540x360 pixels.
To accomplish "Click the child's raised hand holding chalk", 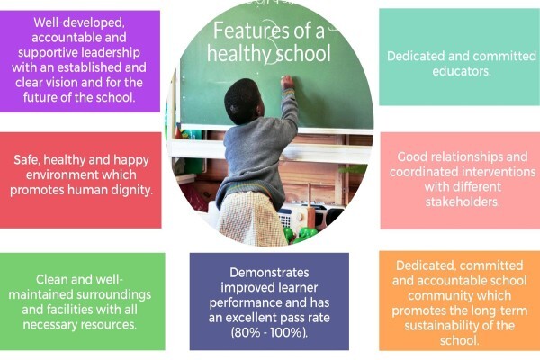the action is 287,83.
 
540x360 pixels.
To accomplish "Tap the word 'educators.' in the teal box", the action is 462,71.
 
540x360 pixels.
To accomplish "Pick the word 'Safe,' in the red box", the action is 27,160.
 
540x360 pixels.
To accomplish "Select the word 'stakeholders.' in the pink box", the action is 463,202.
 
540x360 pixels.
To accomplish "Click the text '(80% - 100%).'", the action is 270,333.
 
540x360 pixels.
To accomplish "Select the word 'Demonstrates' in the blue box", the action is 269,273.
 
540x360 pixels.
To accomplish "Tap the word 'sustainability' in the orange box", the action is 445,326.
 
